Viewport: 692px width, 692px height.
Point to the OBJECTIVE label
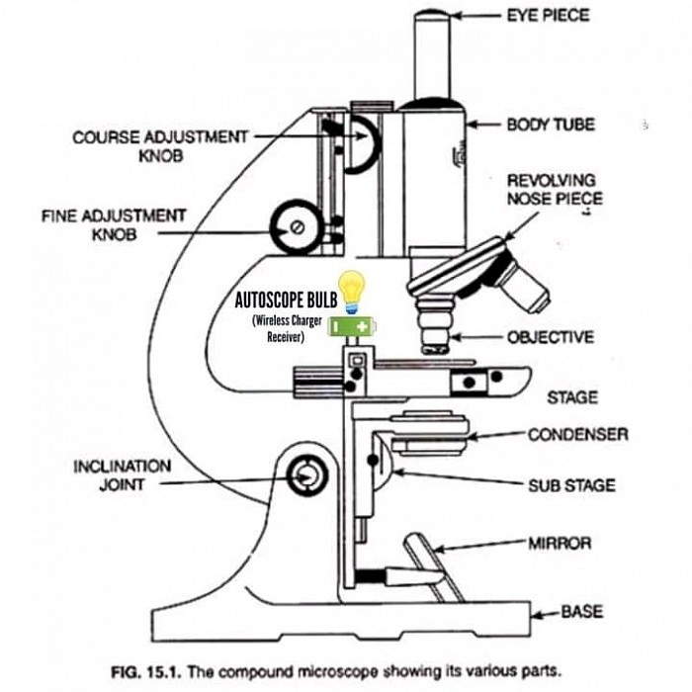(550, 337)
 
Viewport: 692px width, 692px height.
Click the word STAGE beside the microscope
(572, 397)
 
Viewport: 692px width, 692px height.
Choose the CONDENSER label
(577, 434)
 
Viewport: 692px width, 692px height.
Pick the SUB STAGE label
(570, 485)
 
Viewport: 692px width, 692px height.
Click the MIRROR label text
(560, 543)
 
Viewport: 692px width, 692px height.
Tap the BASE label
(581, 612)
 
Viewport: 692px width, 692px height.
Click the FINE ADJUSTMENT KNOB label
(114, 224)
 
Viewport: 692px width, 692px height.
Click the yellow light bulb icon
(352, 292)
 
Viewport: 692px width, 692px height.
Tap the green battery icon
(353, 324)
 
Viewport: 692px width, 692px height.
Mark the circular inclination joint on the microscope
(306, 476)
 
